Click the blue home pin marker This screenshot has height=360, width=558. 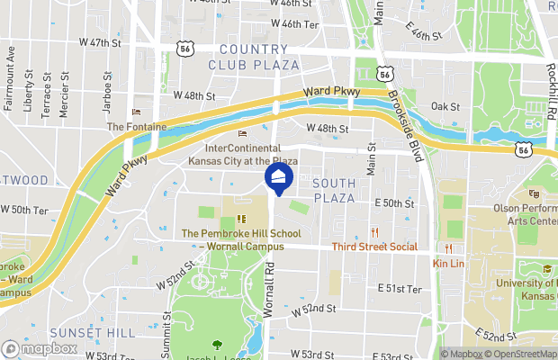(279, 176)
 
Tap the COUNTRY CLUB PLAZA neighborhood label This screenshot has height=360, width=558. (253, 56)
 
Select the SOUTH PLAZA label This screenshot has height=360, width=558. (334, 190)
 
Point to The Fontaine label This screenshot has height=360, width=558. (137, 127)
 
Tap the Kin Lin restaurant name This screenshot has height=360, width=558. (447, 263)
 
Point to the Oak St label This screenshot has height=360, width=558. (445, 106)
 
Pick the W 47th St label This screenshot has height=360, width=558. (100, 42)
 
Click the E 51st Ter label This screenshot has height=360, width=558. (400, 289)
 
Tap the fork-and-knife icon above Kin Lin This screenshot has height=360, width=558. (447, 248)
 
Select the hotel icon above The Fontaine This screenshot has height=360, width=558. (137, 112)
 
